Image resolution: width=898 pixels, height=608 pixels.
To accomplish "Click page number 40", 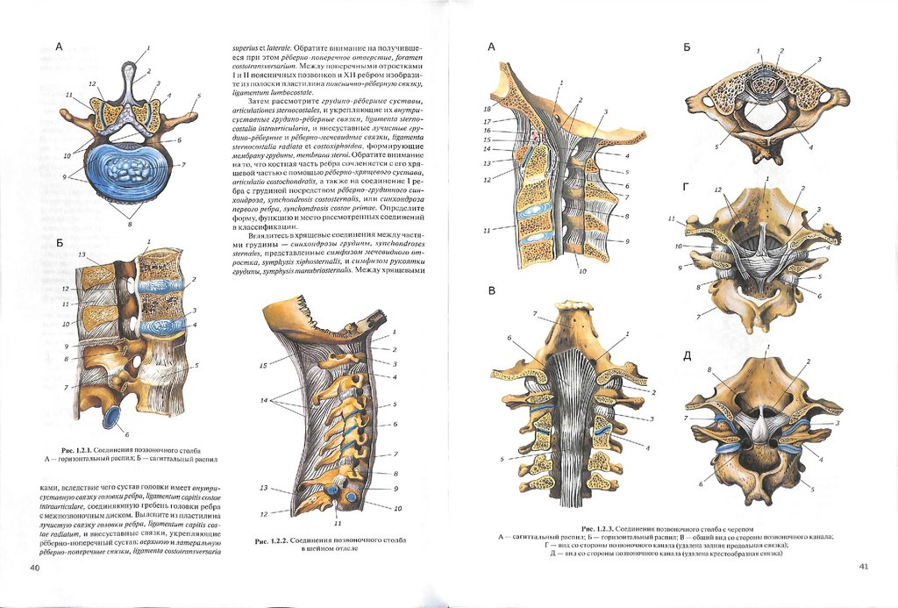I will tap(35, 568).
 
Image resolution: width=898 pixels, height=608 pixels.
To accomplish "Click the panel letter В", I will tap(492, 290).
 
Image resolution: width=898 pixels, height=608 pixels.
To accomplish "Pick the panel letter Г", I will tap(688, 187).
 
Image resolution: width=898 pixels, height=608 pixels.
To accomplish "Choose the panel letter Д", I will tap(688, 355).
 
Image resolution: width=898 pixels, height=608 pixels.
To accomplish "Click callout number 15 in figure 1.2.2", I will tap(262, 365).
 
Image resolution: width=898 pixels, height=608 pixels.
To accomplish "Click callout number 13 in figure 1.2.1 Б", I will tap(82, 254).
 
